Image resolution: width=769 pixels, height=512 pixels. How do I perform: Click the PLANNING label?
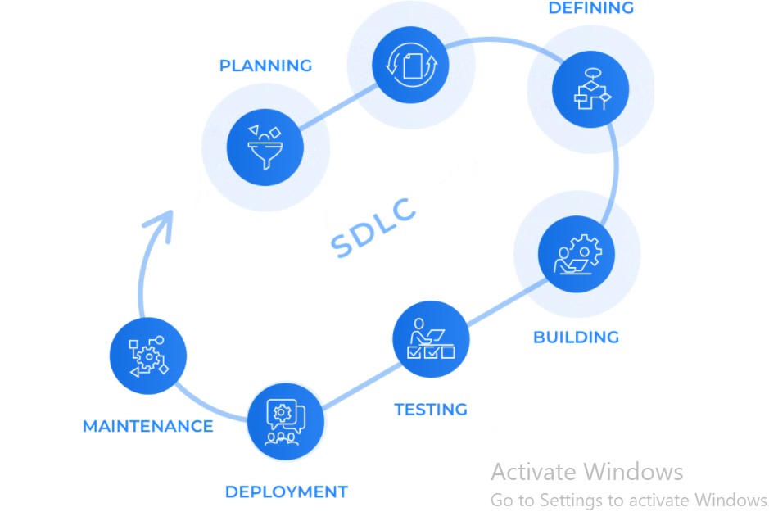pos(265,66)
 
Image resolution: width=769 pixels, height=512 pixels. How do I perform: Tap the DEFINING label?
pos(590,8)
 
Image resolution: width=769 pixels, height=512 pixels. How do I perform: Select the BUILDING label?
pos(576,337)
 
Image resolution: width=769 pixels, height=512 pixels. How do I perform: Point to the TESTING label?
pos(431,409)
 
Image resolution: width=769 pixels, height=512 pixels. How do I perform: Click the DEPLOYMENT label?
pos(286,492)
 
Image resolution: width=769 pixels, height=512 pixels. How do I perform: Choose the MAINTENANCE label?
pos(147,426)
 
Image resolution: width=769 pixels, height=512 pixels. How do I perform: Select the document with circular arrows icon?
pos(410,62)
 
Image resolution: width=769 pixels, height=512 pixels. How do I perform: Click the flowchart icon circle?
pos(590,90)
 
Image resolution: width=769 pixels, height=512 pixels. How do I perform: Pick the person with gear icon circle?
pos(577,254)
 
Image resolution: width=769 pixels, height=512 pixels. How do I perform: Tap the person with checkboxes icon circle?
pos(431,338)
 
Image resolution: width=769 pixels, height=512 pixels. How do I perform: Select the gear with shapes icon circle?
pos(148,356)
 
